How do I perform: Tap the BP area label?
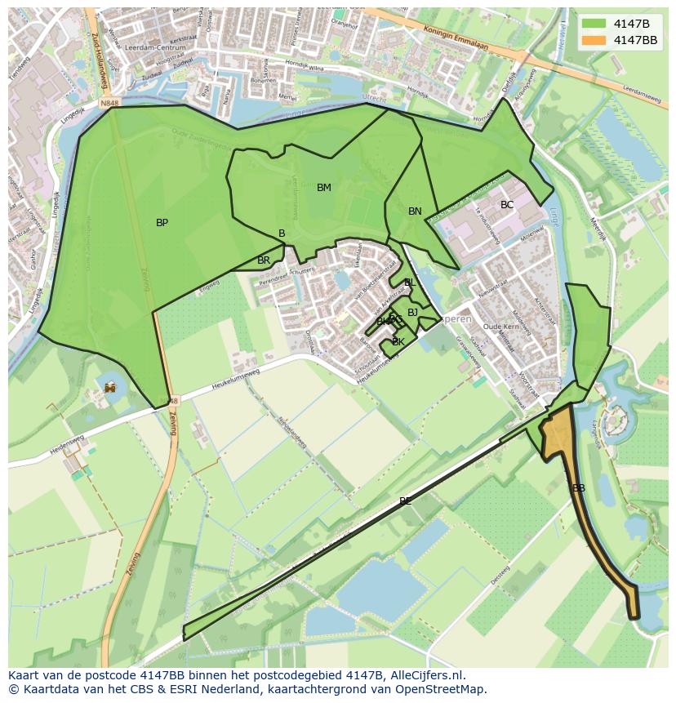pos(162,223)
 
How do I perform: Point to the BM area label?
pos(324,188)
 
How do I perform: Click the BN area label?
pos(415,211)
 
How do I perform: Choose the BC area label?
pos(507,205)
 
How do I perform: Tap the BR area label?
pos(264,260)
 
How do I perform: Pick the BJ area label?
pos(412,313)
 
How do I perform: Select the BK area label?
pos(398,342)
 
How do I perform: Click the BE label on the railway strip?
pos(405,501)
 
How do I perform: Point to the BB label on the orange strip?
pos(579,488)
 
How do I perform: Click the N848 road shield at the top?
pos(110,104)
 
